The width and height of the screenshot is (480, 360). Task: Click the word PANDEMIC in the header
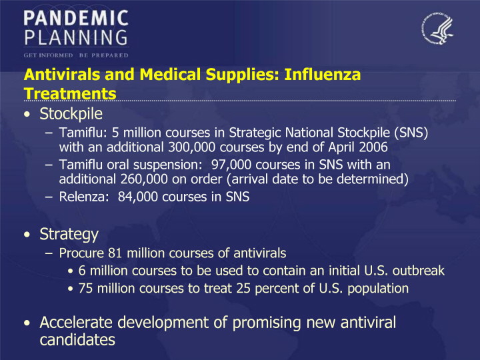(76, 18)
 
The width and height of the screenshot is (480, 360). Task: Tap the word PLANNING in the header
(76, 37)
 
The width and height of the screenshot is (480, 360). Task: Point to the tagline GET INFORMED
(49, 55)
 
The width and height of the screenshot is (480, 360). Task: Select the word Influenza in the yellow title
(323, 75)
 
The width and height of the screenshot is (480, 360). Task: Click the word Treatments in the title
(70, 94)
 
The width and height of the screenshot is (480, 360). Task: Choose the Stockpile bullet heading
(71, 114)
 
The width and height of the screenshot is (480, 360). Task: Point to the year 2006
(373, 147)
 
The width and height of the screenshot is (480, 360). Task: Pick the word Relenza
(84, 197)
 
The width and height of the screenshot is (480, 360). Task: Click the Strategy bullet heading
(69, 235)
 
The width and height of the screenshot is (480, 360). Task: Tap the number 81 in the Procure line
(115, 253)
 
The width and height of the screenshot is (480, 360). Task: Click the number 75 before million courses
(85, 289)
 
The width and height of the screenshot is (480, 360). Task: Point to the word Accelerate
(76, 323)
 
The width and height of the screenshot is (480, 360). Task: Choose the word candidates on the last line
(77, 340)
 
